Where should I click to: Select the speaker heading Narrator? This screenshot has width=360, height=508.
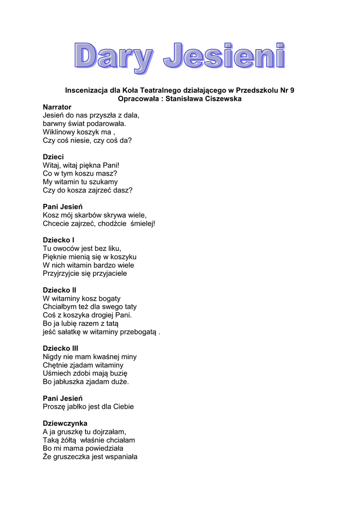click(x=57, y=107)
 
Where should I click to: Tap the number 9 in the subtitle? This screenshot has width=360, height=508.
click(x=292, y=90)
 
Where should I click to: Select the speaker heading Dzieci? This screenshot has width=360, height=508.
click(x=53, y=157)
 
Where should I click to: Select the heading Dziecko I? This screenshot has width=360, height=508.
click(x=59, y=240)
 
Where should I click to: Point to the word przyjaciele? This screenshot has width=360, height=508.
click(x=109, y=273)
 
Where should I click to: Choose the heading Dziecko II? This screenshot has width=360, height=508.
click(x=60, y=290)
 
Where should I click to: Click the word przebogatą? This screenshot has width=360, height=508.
click(x=139, y=332)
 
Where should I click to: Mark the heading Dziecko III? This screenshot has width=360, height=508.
click(x=61, y=348)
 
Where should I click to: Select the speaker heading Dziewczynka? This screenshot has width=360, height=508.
click(x=65, y=424)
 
